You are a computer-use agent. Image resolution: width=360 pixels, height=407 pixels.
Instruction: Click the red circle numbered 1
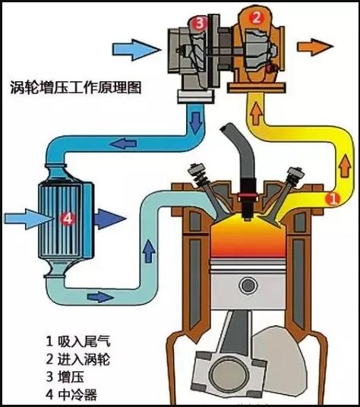coord(333,199)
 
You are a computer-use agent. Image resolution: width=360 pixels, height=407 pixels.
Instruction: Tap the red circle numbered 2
coord(256,18)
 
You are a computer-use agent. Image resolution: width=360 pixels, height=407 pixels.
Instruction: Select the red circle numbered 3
coord(199,23)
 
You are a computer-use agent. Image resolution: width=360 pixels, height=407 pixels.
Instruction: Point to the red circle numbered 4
coord(68,219)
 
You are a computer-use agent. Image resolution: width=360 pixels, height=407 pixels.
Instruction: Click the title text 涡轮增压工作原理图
coord(75,88)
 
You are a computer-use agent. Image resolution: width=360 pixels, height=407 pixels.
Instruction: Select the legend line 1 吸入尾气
coord(78,342)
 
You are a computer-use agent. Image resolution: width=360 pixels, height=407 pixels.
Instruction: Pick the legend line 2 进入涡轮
coord(78,359)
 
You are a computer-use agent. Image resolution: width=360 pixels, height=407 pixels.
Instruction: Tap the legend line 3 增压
coord(65,377)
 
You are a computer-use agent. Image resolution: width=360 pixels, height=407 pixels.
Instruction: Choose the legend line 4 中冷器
coord(71,395)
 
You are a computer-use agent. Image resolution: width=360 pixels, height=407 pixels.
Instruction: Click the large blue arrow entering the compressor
coord(136,49)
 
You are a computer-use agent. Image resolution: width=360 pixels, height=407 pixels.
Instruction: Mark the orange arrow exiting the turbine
coord(315,47)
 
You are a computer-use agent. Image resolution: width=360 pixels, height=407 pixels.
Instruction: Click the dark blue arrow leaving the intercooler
coord(110,219)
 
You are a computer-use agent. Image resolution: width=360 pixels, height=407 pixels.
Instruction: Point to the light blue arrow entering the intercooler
coord(29,219)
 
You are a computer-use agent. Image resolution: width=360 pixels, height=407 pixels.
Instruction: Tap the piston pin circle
coord(248,286)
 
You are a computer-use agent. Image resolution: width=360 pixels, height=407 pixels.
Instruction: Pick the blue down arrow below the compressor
coord(195,121)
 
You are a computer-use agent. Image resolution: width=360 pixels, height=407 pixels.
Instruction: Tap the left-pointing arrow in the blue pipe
coord(124,144)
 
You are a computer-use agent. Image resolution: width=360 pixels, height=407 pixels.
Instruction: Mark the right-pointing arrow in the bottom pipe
coord(100,297)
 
